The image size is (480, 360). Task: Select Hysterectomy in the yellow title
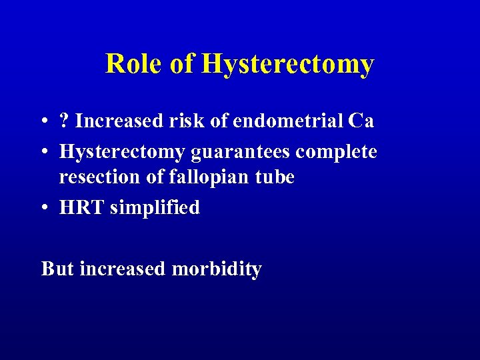(x=287, y=65)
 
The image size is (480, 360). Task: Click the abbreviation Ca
(x=361, y=121)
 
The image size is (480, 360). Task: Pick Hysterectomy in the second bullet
(x=123, y=153)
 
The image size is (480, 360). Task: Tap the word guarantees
(x=241, y=153)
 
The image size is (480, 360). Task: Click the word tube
(x=274, y=177)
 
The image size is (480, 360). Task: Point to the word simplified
(x=155, y=207)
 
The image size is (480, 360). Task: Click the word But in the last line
(x=57, y=269)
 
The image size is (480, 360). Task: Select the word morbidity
(x=217, y=269)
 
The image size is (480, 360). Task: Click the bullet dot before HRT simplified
(x=44, y=208)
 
